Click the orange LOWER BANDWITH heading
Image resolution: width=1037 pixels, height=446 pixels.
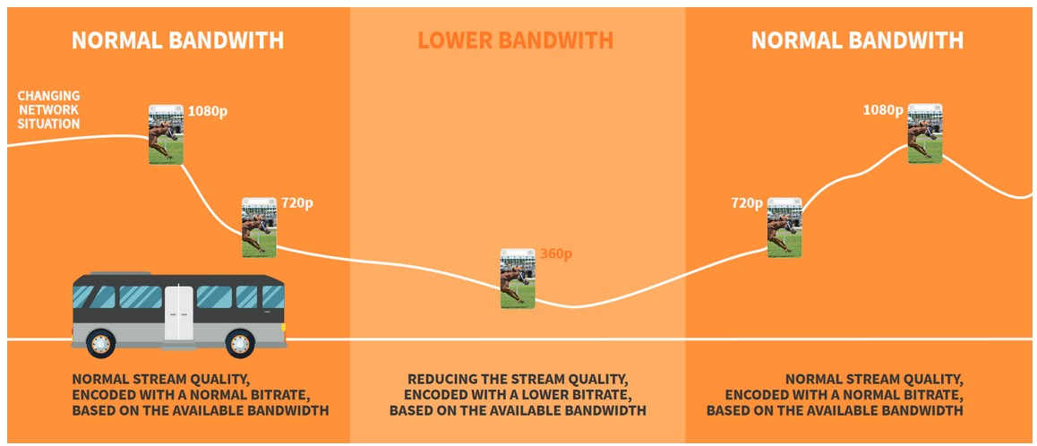[x=515, y=40]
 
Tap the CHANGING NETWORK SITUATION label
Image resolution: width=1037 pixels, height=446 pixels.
[x=48, y=109]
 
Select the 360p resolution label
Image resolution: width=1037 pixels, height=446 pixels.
[x=555, y=254]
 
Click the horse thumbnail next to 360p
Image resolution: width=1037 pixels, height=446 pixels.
[x=518, y=279]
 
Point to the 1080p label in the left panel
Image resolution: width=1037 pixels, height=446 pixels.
[x=207, y=112]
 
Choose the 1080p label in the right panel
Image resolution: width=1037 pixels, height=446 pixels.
[x=882, y=109]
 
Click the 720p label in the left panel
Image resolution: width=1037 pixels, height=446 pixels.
[x=296, y=203]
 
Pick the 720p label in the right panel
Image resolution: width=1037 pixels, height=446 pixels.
[x=746, y=203]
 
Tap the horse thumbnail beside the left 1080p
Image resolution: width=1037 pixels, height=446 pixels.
[x=166, y=134]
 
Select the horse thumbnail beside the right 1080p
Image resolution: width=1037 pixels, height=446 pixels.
[x=925, y=133]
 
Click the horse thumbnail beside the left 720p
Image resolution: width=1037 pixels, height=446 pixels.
[x=259, y=227]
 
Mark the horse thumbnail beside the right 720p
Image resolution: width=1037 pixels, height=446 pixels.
[x=784, y=227]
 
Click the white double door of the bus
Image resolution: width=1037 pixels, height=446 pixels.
[x=177, y=312]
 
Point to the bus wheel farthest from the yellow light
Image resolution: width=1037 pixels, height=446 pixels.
[x=101, y=342]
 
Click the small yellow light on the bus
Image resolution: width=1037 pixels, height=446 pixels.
[x=284, y=327]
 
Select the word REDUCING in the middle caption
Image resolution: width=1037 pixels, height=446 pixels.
[x=444, y=379]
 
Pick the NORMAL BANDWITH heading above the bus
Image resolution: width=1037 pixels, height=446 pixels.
[x=177, y=40]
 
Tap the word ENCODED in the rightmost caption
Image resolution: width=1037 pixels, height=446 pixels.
[x=758, y=395]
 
